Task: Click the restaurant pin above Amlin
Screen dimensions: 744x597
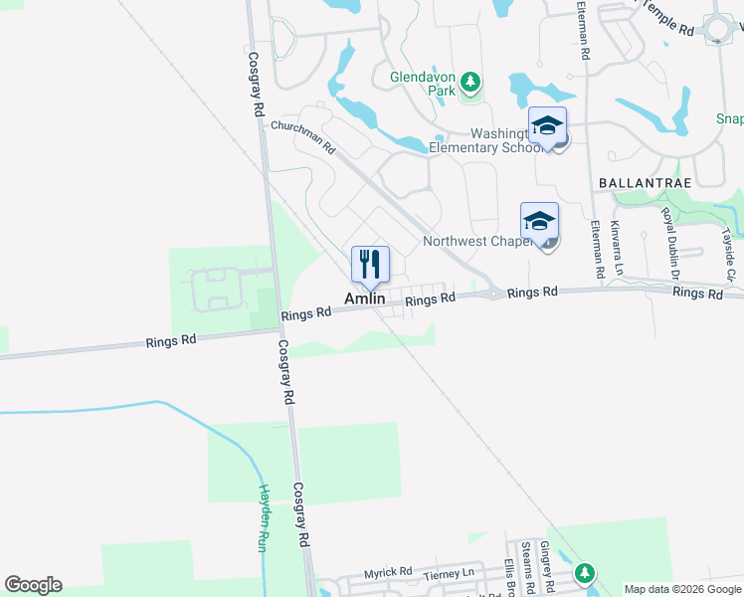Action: [370, 264]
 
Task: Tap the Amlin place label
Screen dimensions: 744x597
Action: [365, 298]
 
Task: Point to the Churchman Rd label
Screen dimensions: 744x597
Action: [303, 137]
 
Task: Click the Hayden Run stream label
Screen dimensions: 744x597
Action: [266, 518]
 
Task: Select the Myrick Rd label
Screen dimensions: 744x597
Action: [387, 572]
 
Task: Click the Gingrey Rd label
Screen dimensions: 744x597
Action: [545, 562]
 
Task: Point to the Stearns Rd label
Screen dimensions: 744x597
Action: [526, 563]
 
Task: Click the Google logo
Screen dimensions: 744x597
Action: [33, 585]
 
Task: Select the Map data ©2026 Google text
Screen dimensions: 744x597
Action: [682, 589]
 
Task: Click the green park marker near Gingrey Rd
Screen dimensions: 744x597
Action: [585, 573]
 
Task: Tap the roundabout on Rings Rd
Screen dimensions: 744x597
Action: [494, 294]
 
